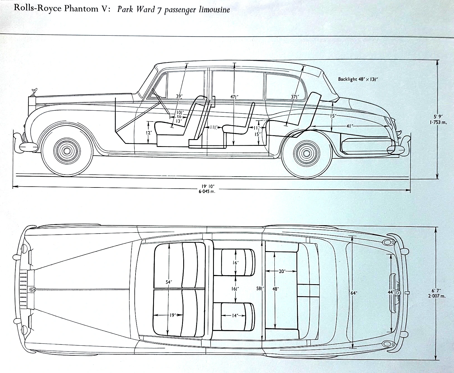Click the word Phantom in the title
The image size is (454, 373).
click(x=81, y=8)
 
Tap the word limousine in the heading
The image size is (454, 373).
click(x=214, y=10)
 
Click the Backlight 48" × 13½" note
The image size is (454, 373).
click(x=358, y=79)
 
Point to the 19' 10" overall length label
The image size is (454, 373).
click(x=208, y=186)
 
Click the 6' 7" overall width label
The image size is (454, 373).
click(x=436, y=291)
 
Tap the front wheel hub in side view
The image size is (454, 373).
click(x=67, y=151)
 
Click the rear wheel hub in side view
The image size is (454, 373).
click(x=307, y=153)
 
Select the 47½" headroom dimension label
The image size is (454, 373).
click(x=234, y=97)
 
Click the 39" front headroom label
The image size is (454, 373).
click(x=179, y=96)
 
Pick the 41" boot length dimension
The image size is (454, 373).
click(x=349, y=126)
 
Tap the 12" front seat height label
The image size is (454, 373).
click(x=149, y=133)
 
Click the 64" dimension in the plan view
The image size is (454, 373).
click(x=354, y=293)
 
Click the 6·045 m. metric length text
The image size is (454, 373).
click(x=207, y=191)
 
